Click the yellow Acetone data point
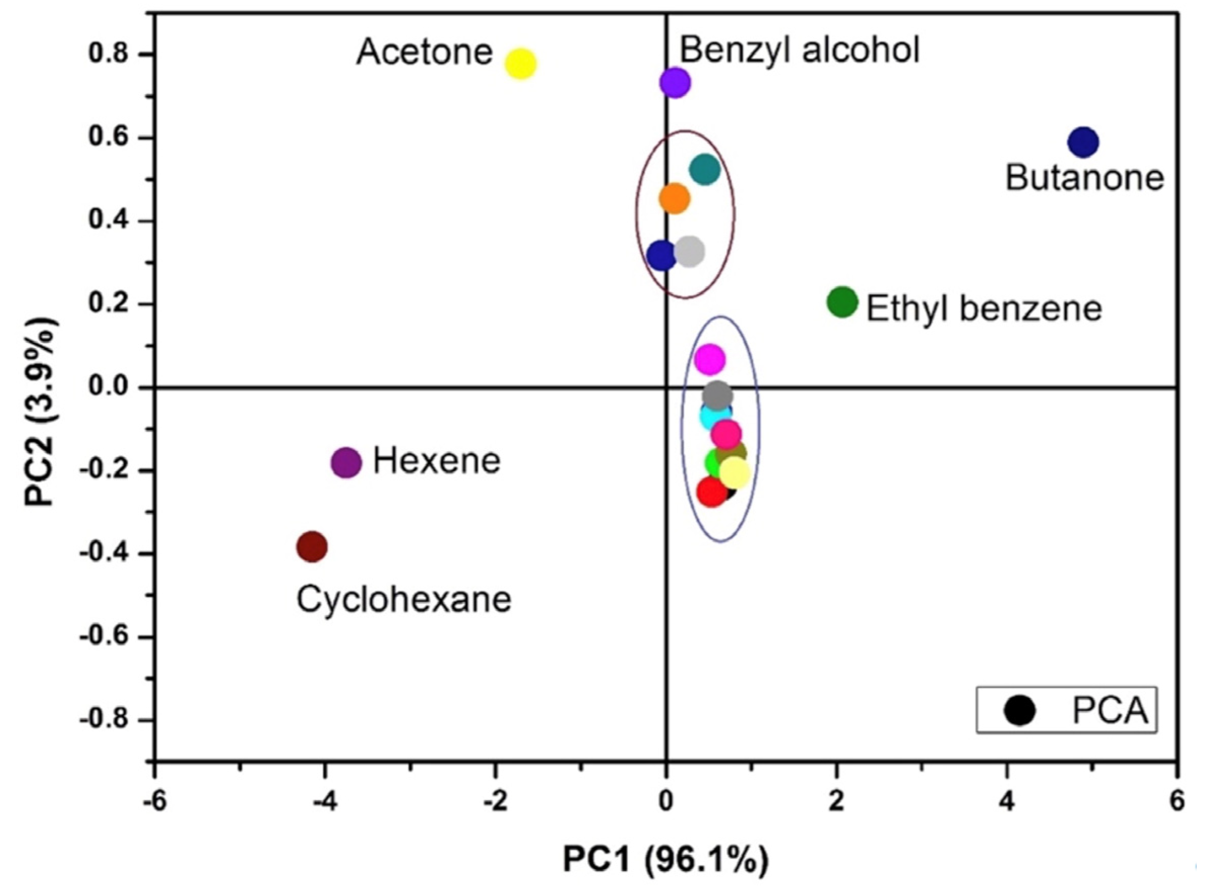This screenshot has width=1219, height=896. tap(521, 63)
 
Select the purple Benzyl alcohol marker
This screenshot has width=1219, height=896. tap(675, 82)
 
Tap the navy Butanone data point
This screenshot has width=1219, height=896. tap(1083, 142)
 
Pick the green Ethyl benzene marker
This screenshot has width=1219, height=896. tap(842, 302)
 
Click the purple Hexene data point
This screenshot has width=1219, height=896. tap(346, 463)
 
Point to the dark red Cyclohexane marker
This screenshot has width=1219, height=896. tap(312, 546)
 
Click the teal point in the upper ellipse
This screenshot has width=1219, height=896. tap(704, 169)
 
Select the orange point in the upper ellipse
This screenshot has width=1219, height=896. tap(674, 199)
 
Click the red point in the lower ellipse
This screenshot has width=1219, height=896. tap(711, 492)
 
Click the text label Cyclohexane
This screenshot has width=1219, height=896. tap(403, 600)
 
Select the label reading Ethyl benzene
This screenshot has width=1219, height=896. tap(984, 309)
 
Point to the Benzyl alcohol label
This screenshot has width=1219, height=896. tap(799, 50)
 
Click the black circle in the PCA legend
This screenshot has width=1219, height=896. tap(1019, 711)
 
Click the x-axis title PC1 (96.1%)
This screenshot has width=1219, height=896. tap(665, 859)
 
